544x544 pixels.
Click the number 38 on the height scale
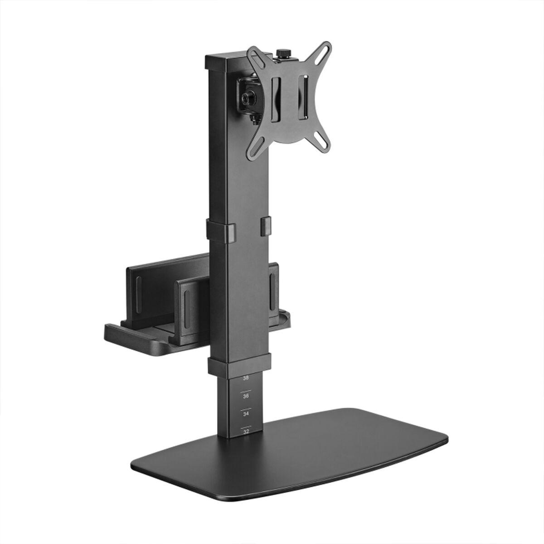tap(246, 378)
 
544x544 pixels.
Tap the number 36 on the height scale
tap(246, 396)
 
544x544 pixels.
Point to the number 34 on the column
tap(246, 414)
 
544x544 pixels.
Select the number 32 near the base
tap(246, 432)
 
